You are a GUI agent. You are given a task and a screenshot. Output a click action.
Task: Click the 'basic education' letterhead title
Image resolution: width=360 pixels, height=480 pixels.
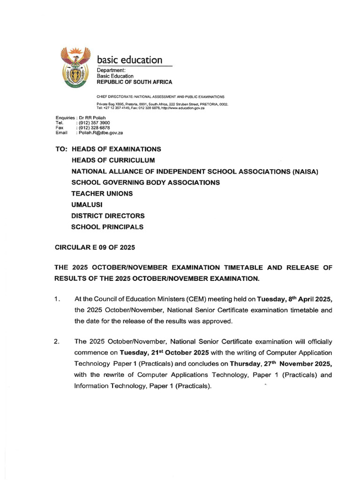[x=129, y=60]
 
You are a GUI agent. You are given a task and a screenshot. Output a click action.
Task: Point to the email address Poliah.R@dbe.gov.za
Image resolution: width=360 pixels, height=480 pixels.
[x=101, y=133]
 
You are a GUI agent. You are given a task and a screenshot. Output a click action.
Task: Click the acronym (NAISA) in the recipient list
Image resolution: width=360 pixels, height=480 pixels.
[x=305, y=172]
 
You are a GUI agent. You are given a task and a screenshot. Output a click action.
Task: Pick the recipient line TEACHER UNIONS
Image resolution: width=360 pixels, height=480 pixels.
[x=102, y=194]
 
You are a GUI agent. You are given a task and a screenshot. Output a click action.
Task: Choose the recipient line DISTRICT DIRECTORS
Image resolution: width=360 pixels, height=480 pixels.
[x=108, y=216]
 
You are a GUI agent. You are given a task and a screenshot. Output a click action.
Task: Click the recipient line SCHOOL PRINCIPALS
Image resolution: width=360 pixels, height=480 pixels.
[x=107, y=227]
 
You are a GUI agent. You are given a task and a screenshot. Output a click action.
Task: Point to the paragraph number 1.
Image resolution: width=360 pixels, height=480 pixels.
[x=57, y=299]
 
